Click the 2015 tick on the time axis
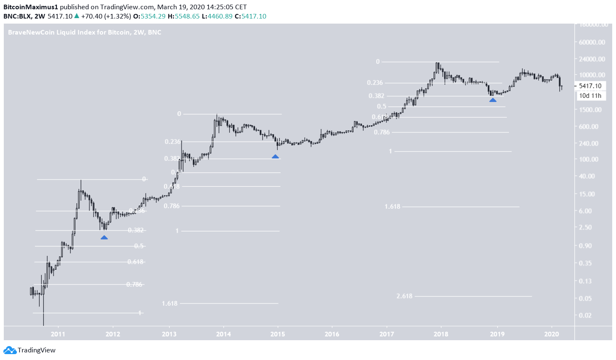(277, 334)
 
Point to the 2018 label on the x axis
(441, 334)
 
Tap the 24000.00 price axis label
(592, 59)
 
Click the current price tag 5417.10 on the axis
(590, 86)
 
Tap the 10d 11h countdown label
(590, 96)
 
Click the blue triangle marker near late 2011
(104, 238)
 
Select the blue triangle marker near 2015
(275, 156)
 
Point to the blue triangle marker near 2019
(493, 100)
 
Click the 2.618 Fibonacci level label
(404, 296)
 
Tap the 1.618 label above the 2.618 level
(392, 207)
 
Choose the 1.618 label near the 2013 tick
(170, 304)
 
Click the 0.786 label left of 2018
(382, 132)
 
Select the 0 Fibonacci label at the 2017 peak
(378, 62)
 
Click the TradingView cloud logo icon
(10, 350)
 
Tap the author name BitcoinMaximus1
(30, 7)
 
